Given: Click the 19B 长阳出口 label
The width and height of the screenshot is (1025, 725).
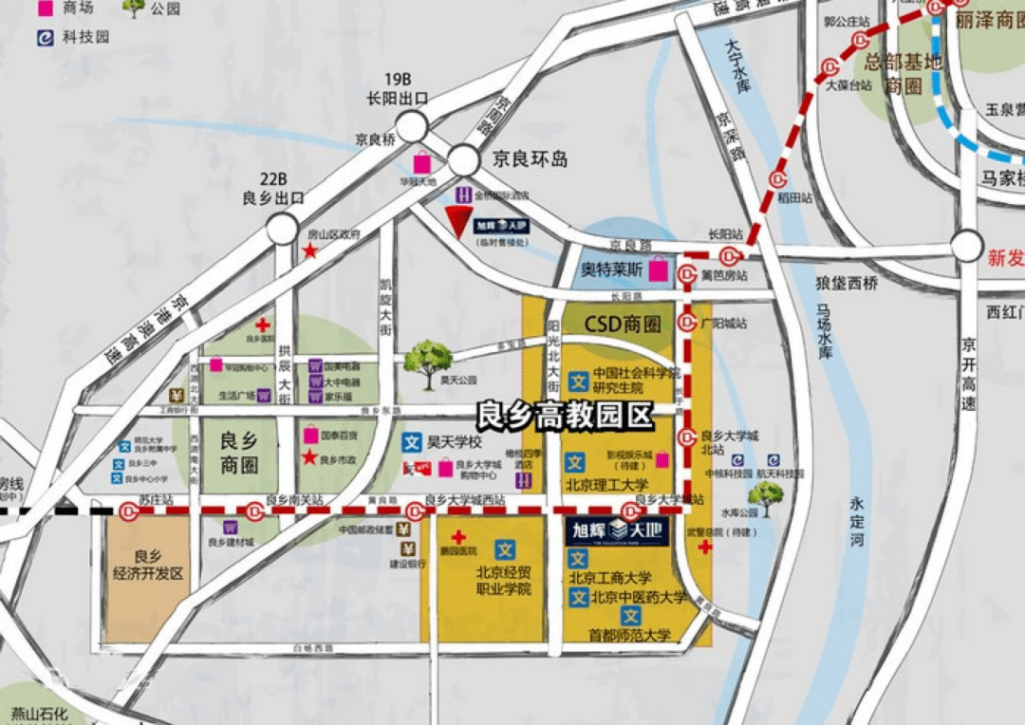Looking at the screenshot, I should pos(398,87).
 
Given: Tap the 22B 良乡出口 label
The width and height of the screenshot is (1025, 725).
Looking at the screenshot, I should pos(272,188).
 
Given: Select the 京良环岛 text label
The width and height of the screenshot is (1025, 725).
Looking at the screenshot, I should pos(530,159).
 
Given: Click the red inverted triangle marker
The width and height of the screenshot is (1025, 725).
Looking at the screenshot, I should pos(460,222).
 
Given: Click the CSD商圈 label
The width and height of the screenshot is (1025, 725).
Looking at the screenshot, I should pos(622,324).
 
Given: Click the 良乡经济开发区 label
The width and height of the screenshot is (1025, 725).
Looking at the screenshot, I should pos(147,566).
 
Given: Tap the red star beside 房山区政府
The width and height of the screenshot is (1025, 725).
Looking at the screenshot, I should pos(309,251).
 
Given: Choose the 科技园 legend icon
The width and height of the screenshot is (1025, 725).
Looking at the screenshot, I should pos(45,37).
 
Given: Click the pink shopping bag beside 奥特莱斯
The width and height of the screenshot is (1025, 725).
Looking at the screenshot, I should pos(658,271).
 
